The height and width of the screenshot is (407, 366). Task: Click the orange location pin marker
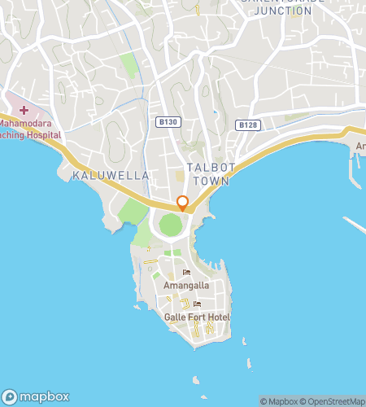(x=182, y=203)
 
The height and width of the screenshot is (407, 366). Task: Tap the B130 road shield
(x=168, y=122)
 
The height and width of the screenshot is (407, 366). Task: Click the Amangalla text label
(x=186, y=287)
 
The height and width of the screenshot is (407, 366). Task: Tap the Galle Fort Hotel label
(x=197, y=317)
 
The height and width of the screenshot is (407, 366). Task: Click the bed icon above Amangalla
(x=186, y=274)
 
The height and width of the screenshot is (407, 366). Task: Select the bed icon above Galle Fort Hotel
(x=197, y=305)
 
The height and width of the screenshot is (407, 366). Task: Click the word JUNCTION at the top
(x=282, y=11)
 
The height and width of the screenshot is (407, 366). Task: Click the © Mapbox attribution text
(x=279, y=401)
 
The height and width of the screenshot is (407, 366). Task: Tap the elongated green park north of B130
(x=129, y=66)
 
